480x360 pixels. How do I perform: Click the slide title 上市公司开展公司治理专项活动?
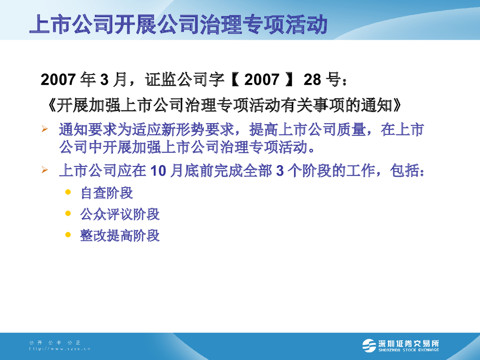(x=178, y=24)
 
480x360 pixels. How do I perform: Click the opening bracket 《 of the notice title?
(x=52, y=105)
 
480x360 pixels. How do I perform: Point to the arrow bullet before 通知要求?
(x=45, y=129)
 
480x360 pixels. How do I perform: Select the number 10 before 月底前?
(x=158, y=171)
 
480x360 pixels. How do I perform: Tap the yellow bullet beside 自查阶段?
(x=68, y=192)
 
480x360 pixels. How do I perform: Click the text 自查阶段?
(x=107, y=193)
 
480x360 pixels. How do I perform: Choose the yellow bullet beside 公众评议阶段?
(x=68, y=213)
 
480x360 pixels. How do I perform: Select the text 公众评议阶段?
(x=120, y=214)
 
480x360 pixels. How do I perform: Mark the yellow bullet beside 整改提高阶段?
(x=68, y=234)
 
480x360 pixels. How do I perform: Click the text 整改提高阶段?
(x=120, y=235)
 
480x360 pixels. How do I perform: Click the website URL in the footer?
(x=59, y=349)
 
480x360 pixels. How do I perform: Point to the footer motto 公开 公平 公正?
(x=55, y=343)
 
